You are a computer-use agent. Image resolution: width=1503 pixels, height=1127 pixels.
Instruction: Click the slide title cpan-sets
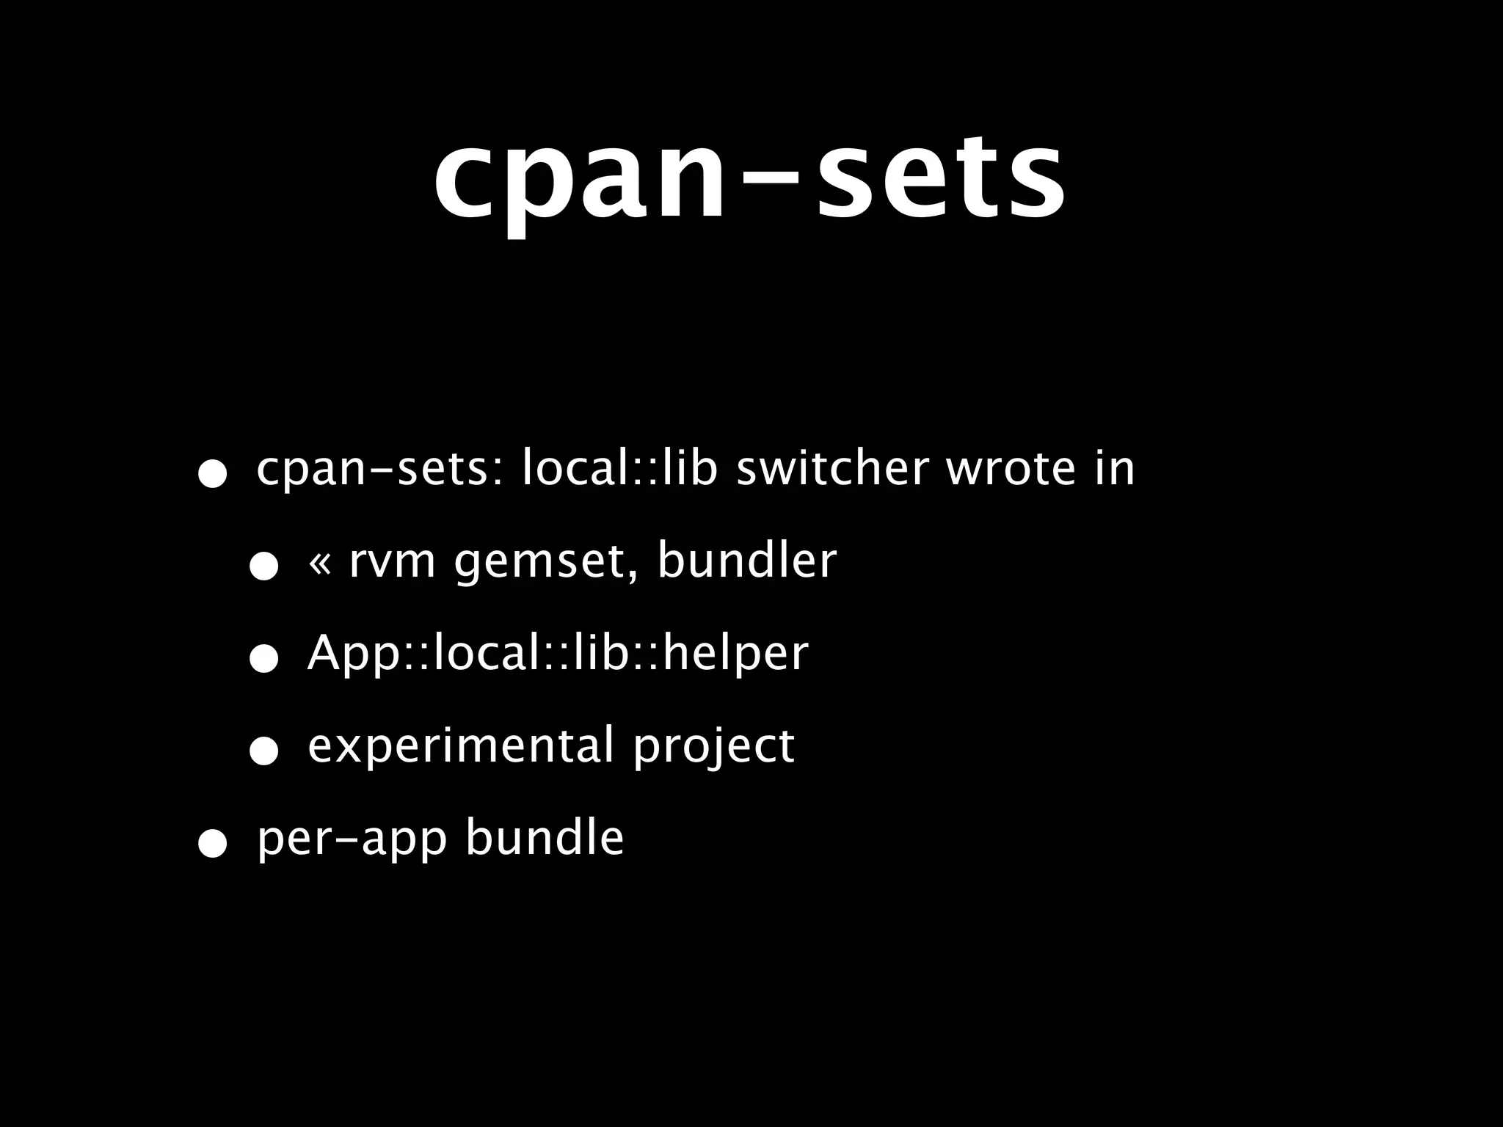pos(749,180)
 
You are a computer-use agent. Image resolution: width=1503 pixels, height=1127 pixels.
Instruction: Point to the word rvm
pos(392,561)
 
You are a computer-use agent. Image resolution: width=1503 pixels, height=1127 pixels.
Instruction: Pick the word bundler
pos(747,561)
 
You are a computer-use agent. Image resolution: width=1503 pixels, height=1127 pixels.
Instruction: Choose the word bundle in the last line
pos(545,838)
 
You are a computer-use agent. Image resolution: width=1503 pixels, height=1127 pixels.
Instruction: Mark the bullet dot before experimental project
pos(263,751)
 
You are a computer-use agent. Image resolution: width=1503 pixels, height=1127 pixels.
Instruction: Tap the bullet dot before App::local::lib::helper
pos(263,659)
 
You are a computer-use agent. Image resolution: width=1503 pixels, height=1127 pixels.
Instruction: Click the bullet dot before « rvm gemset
pos(263,566)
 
